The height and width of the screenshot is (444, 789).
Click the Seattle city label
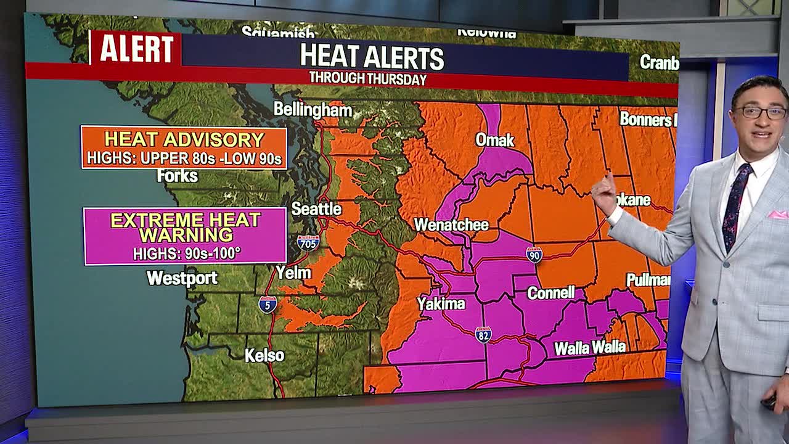point(316,209)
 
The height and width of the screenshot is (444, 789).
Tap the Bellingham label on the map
point(313,110)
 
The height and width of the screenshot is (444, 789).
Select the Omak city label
point(494,140)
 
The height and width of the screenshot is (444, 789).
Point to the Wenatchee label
point(451,225)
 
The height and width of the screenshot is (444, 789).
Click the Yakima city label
point(441,303)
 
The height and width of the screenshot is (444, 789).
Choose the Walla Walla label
point(590,348)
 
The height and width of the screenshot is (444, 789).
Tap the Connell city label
point(550,293)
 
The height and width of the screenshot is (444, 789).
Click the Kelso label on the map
point(264,356)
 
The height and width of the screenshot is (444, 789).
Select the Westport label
point(182,278)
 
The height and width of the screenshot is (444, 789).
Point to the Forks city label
point(177,176)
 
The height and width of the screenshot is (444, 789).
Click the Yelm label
point(293,272)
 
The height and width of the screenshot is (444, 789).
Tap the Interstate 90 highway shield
point(534,255)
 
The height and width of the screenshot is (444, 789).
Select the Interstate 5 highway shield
point(267,305)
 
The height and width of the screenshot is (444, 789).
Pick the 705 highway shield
point(308,242)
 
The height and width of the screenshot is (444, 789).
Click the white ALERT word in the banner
point(136,49)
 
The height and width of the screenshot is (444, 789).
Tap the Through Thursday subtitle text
point(368,79)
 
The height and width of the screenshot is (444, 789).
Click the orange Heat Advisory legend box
point(184,147)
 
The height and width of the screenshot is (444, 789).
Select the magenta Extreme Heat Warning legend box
point(185,236)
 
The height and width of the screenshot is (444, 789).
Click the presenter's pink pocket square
point(777,215)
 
